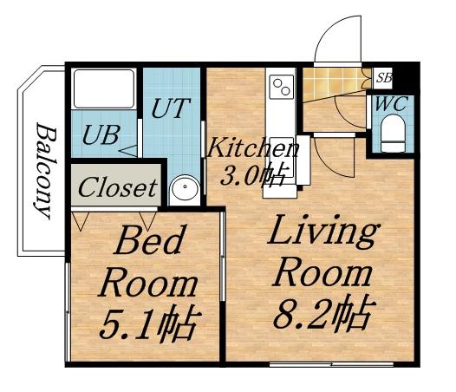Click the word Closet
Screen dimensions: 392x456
pos(117,186)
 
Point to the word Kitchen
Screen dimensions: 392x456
pos(252,147)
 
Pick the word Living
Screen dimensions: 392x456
pos(323,232)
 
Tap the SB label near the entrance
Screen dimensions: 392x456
pos(384,78)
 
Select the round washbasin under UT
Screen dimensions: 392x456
pos(184,189)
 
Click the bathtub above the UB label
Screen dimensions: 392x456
pos(101,90)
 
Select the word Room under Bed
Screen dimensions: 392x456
pos(147,283)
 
